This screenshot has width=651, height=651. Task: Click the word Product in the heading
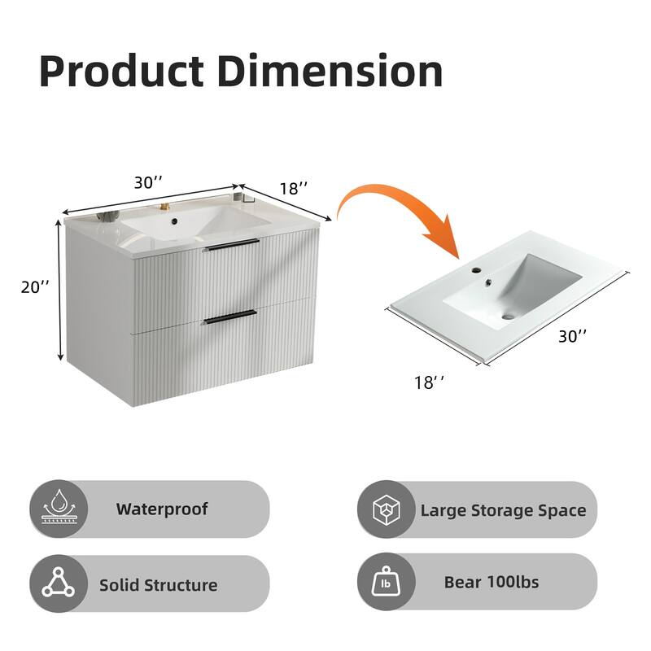[x=121, y=72]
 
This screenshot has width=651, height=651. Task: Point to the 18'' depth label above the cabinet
[x=294, y=188]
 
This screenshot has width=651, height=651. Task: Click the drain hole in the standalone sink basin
[x=509, y=316]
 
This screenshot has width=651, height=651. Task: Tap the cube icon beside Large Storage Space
[x=386, y=510]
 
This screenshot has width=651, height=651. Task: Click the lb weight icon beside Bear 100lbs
[x=386, y=583]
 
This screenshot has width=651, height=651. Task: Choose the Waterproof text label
[x=161, y=509]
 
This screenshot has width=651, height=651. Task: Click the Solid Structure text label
[x=158, y=584]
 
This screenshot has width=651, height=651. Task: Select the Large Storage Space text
[x=503, y=511]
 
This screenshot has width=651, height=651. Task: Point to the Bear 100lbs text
[x=491, y=582]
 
